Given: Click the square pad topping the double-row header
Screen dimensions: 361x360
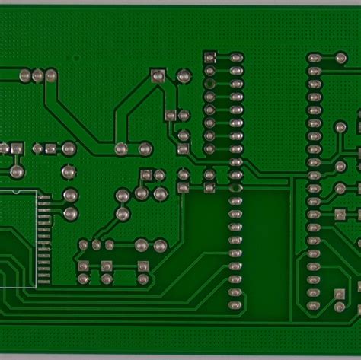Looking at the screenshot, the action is coord(209,56).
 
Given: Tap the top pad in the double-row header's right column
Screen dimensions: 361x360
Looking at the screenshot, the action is coord(236,57).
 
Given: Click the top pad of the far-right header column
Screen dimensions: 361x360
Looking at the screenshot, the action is coord(314,58).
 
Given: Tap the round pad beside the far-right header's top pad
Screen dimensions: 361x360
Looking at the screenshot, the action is coord(340,58).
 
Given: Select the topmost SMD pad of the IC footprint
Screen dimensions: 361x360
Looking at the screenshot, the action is coord(45,196).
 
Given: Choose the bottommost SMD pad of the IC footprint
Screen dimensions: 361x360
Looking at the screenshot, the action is coord(45,284).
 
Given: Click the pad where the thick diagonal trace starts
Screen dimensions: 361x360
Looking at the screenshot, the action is coord(51,75).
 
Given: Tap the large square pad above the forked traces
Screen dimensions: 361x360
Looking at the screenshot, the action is coord(158,75).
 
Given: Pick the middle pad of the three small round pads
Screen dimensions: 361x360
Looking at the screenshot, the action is coord(97,245).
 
